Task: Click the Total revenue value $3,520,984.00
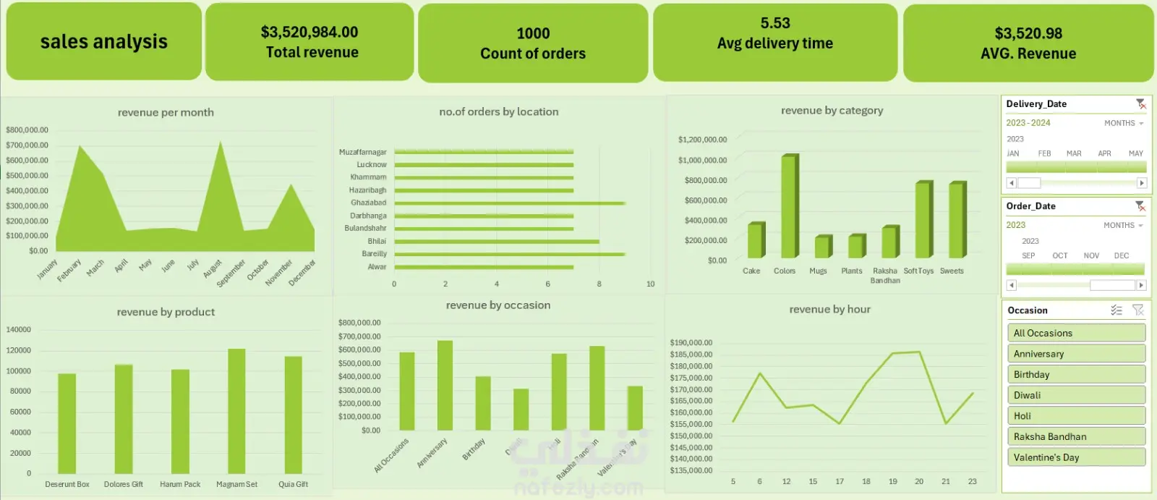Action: (x=309, y=32)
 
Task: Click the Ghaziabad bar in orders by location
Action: (x=509, y=203)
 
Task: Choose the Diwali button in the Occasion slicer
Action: (x=1076, y=395)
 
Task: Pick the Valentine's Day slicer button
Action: (x=1076, y=457)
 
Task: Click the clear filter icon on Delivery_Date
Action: (x=1140, y=104)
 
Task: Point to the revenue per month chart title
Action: (x=166, y=112)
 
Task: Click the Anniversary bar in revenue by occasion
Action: (x=445, y=385)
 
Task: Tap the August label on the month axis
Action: (x=213, y=269)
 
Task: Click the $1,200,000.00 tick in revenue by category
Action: (x=702, y=140)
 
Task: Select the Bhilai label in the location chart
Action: (x=377, y=241)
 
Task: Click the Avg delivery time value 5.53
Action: (x=775, y=23)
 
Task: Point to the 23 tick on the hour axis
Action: (x=973, y=481)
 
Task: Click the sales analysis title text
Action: (x=103, y=42)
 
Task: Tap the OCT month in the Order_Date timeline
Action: (x=1060, y=255)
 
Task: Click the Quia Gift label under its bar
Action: (x=293, y=484)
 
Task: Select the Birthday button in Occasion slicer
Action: (x=1076, y=374)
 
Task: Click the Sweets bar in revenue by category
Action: (x=957, y=220)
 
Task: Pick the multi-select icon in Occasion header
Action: (x=1117, y=310)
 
